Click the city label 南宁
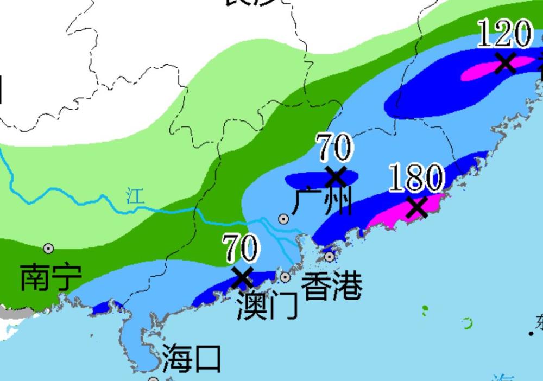[x=50, y=277]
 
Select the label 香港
[x=331, y=285]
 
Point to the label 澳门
[x=267, y=307]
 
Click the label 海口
[x=192, y=358]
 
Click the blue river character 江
[x=136, y=196]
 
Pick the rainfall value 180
[x=416, y=177]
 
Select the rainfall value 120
[x=504, y=33]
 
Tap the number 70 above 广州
[x=334, y=147]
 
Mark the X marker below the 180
[x=417, y=207]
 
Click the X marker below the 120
[x=505, y=62]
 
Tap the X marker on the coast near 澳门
[x=242, y=278]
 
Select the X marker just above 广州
[x=336, y=176]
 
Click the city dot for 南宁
[x=49, y=249]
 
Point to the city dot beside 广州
[x=283, y=219]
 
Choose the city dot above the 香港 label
[x=330, y=256]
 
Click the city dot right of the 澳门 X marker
[x=285, y=277]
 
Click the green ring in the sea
[x=466, y=324]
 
